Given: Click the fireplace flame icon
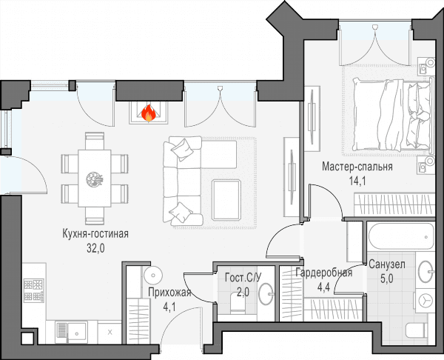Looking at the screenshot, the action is (x=149, y=113).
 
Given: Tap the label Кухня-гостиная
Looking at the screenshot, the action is (x=95, y=234).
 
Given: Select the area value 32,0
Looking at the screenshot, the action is (x=95, y=248).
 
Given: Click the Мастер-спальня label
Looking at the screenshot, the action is (x=357, y=167).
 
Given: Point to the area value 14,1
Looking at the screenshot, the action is (x=357, y=181).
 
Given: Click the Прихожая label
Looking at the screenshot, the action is (x=170, y=293).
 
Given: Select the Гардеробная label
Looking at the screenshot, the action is (x=323, y=273).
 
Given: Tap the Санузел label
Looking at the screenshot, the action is (x=387, y=264).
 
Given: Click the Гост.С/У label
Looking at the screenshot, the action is (x=243, y=278).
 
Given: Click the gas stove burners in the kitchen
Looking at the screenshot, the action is (x=34, y=290).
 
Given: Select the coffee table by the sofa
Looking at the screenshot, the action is (x=226, y=200).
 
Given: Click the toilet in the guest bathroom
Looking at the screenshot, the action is (x=238, y=303).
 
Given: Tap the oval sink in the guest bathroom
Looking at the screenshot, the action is (x=266, y=293).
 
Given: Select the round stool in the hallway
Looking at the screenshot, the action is (x=153, y=275).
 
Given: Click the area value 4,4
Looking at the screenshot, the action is (x=323, y=287).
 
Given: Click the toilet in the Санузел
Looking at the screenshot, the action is (x=416, y=330).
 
